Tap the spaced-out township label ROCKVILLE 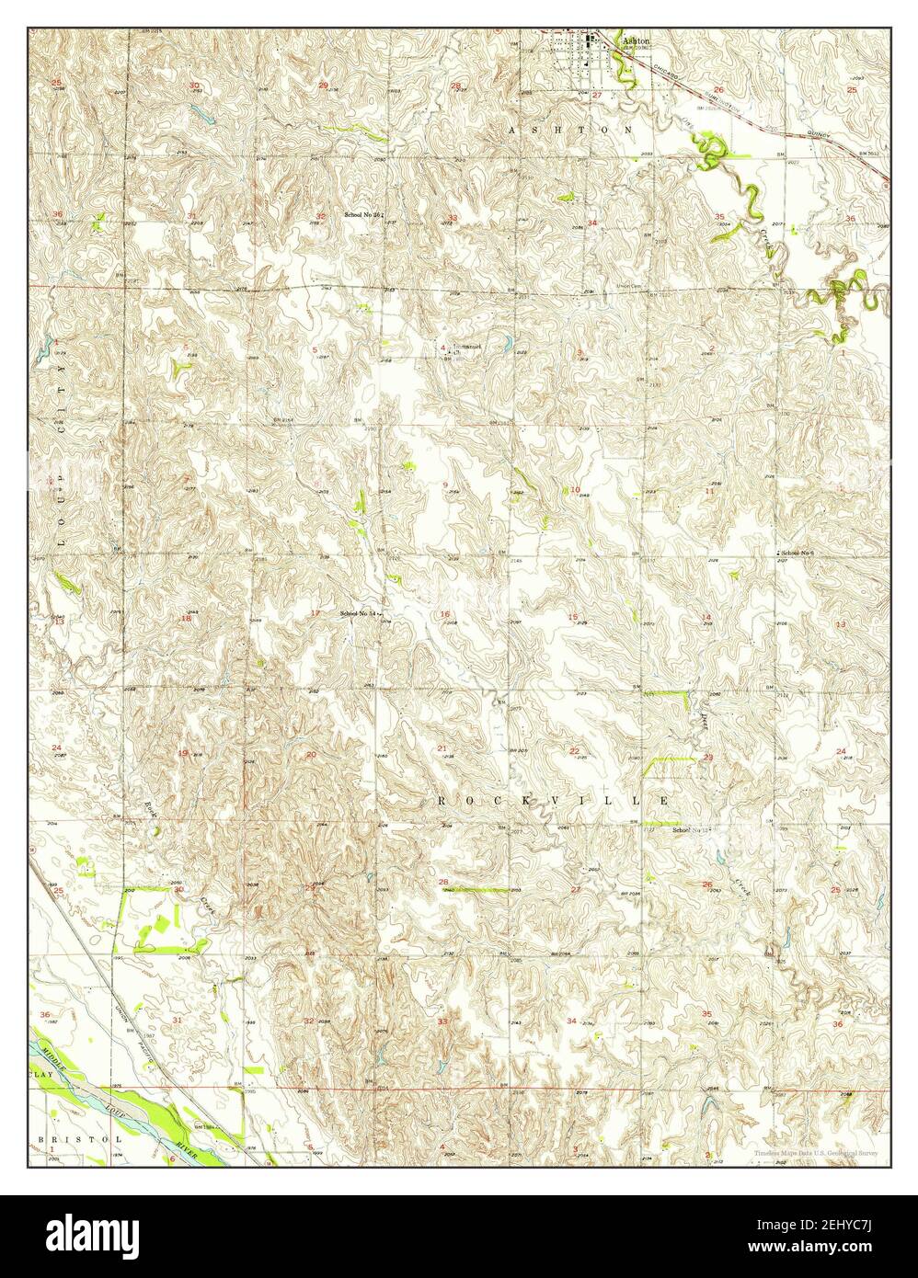(x=553, y=802)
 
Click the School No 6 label (x=798, y=552)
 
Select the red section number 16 (x=445, y=614)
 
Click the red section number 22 (x=574, y=751)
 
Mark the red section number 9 (x=445, y=485)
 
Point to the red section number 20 (x=311, y=755)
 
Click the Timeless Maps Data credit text (x=815, y=1153)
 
